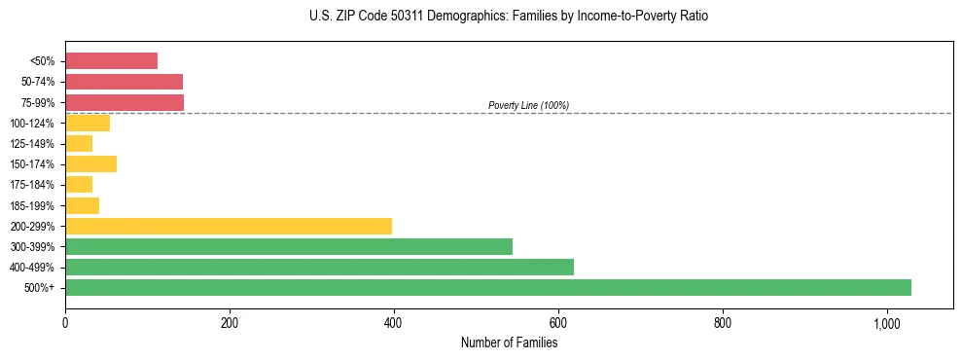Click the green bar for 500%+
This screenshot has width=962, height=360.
tap(487, 287)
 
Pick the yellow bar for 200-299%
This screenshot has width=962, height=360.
tap(228, 226)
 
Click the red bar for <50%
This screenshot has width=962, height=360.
tap(111, 61)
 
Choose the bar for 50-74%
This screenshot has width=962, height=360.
tap(124, 82)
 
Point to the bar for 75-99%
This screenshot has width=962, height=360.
tap(125, 102)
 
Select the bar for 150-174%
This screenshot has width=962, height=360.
tap(90, 163)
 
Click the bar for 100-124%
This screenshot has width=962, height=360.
tap(88, 123)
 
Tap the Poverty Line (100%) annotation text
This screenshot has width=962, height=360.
tap(528, 105)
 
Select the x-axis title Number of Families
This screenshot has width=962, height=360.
tap(509, 342)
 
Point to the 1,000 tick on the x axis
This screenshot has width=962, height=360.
tap(886, 322)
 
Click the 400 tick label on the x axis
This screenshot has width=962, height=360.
tap(394, 322)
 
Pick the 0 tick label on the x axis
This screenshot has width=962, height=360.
tap(65, 322)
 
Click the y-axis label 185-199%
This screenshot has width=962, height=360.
tap(32, 205)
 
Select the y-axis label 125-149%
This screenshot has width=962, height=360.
tap(32, 144)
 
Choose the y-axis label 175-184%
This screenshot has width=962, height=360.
tap(32, 185)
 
